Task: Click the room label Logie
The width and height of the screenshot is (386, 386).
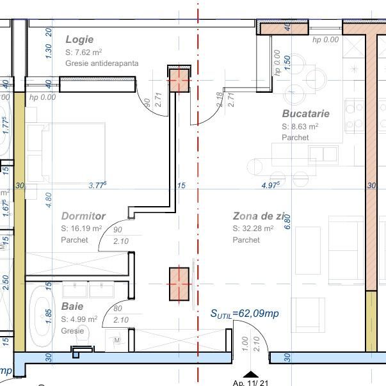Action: tap(79, 40)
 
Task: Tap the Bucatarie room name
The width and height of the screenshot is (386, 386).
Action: tap(305, 114)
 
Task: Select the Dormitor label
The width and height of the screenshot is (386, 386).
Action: tap(83, 216)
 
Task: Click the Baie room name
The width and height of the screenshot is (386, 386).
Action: tap(72, 307)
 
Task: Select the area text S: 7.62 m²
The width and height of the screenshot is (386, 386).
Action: tap(84, 52)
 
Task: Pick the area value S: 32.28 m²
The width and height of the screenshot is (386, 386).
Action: tap(253, 229)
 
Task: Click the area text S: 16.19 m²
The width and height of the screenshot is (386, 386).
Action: tap(81, 229)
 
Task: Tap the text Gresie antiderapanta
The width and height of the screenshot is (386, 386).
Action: tap(102, 63)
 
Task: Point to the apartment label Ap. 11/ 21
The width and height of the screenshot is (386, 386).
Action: tap(251, 383)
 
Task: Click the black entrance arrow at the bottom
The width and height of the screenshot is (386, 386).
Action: tap(251, 374)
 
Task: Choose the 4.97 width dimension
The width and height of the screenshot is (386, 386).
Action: tap(271, 186)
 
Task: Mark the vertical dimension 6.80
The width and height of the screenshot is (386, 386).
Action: tap(287, 221)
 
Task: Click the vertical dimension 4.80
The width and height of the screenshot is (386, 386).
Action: tap(49, 200)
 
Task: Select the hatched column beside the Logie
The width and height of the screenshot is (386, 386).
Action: tap(179, 82)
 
